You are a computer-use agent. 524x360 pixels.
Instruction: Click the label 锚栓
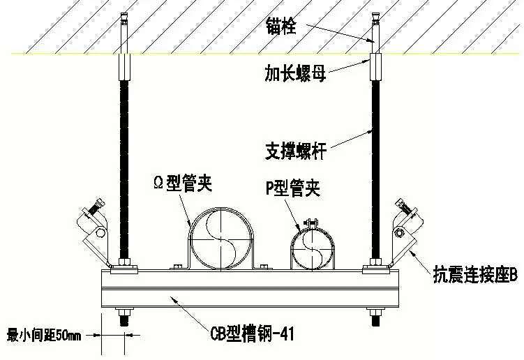point(281,26)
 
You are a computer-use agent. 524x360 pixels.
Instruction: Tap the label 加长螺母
point(295,73)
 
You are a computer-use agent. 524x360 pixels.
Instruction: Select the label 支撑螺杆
point(296,151)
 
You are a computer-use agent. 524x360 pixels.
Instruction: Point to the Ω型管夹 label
point(183,183)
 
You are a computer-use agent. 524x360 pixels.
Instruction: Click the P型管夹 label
point(293,188)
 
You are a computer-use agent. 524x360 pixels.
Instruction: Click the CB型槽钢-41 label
point(253,333)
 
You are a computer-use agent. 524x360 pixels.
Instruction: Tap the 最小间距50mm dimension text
point(44,336)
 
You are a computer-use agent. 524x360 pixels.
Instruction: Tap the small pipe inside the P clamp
point(312,249)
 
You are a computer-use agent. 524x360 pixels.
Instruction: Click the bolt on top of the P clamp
point(311,223)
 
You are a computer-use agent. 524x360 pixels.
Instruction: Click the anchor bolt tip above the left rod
point(124,16)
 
